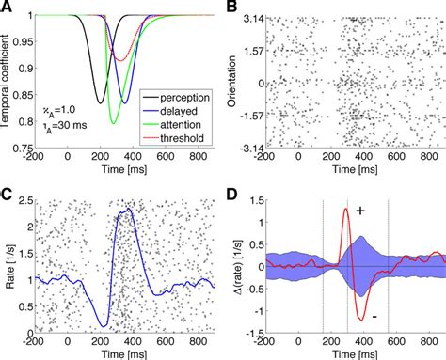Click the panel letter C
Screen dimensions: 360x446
[8, 195]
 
